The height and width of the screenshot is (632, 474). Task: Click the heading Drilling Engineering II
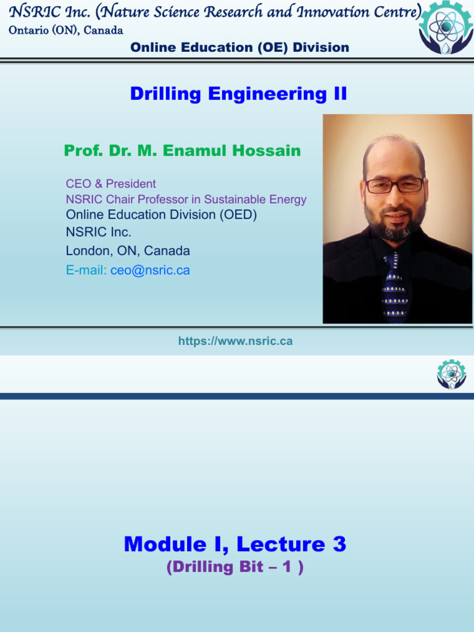click(238, 94)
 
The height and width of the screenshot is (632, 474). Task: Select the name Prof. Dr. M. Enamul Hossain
click(182, 151)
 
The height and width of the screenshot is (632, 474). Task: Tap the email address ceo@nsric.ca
click(150, 270)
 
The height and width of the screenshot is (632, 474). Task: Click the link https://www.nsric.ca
click(235, 341)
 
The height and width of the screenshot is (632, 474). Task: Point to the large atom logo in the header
click(446, 27)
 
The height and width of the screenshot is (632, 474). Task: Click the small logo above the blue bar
click(451, 375)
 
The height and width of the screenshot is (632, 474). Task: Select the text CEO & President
click(111, 184)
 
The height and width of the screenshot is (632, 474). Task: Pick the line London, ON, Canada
click(128, 251)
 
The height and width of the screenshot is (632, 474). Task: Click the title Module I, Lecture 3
click(235, 544)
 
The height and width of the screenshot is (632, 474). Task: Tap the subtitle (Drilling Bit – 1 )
click(235, 567)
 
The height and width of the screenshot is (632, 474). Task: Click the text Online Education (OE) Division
click(240, 47)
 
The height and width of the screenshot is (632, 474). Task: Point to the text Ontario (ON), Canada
click(65, 30)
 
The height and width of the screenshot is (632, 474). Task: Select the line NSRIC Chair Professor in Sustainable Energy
click(186, 199)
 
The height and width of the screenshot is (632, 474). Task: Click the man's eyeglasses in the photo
click(394, 185)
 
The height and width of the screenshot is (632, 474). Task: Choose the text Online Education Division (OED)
click(161, 214)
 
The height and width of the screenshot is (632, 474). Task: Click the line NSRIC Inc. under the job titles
click(98, 232)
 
